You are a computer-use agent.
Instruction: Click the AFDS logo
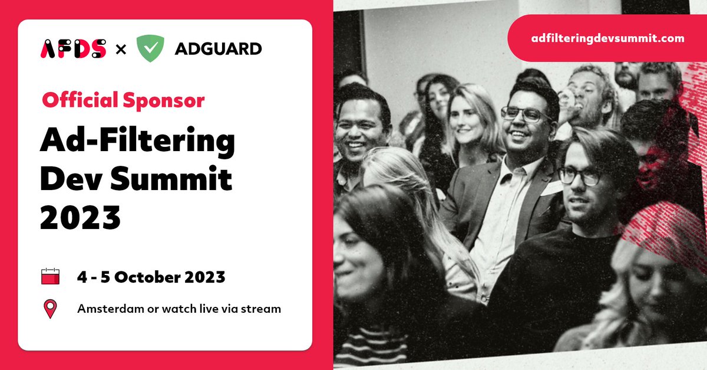(x=73, y=48)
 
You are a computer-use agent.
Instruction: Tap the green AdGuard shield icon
(x=150, y=48)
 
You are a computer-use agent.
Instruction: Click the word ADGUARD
(x=218, y=48)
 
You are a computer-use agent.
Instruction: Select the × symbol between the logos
(x=121, y=49)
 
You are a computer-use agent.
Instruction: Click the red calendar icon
(x=51, y=276)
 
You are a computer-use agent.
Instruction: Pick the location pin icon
(x=51, y=309)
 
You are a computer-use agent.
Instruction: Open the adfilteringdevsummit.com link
(x=607, y=38)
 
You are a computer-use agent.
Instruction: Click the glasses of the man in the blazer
(x=526, y=114)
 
